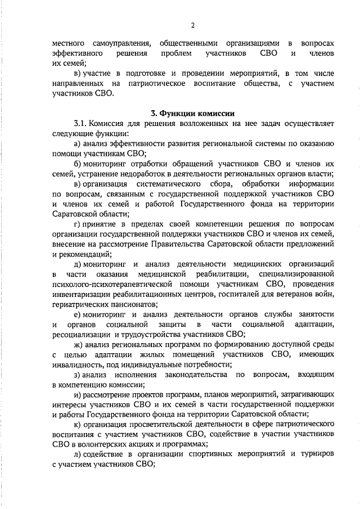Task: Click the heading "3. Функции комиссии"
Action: click(192, 113)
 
